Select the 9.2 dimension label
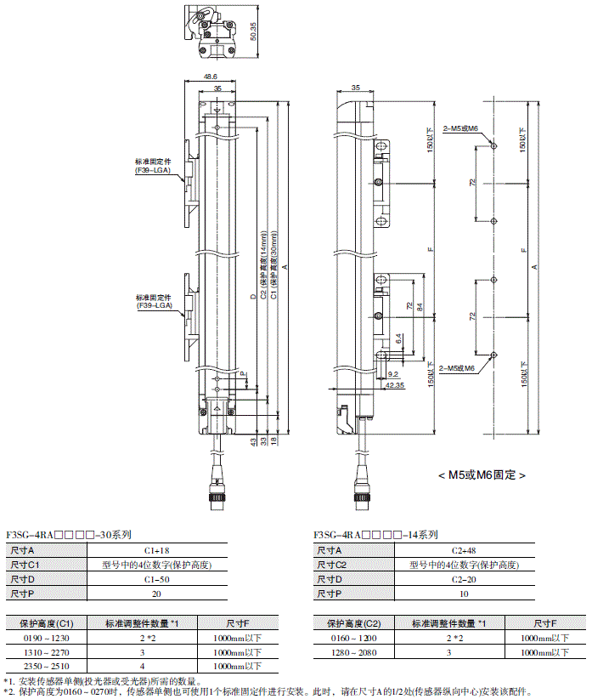tap(392, 373)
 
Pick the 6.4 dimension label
tap(399, 338)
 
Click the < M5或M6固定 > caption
tap(482, 475)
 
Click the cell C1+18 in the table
tap(157, 551)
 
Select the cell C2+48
tap(464, 551)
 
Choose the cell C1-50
tap(157, 579)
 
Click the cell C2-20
tap(464, 579)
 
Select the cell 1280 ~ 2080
tap(352, 652)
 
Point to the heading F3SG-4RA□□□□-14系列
tap(375, 535)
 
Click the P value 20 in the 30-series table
tap(157, 594)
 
